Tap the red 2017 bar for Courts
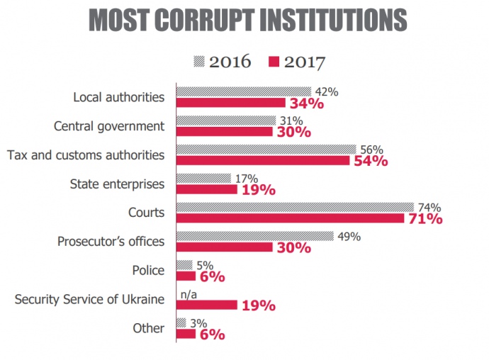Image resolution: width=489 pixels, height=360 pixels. point(290,218)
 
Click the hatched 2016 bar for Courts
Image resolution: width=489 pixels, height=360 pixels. point(295,207)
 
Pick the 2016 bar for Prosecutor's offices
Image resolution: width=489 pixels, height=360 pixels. point(254,236)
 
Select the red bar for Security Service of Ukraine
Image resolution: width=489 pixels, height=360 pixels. point(206,305)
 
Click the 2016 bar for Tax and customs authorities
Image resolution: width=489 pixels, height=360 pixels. point(266,149)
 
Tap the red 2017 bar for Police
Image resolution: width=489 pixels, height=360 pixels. point(185,276)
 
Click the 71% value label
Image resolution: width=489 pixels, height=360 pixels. point(425,218)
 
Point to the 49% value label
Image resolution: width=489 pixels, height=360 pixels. point(349,236)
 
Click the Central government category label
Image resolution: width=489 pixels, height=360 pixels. point(109,126)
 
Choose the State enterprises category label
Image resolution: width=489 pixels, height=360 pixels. point(117,184)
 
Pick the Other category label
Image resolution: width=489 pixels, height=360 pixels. point(150,328)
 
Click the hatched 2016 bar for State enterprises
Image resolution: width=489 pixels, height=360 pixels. point(203,178)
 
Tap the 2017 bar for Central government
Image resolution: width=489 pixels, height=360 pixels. point(224,131)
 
